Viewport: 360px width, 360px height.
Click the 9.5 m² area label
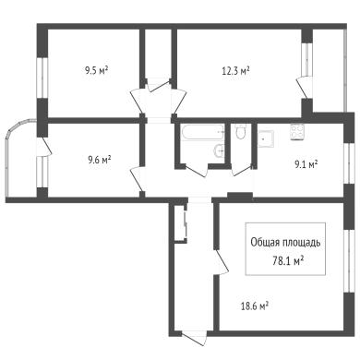(96, 71)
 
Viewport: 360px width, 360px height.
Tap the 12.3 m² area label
(235, 71)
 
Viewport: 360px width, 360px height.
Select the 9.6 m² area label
(100, 160)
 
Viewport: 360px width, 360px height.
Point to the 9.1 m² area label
(306, 165)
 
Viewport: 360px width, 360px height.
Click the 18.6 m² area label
(255, 306)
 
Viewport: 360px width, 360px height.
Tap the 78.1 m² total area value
(289, 261)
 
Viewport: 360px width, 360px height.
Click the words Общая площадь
(285, 243)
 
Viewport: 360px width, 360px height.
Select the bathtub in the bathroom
(202, 133)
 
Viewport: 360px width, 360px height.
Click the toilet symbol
(240, 132)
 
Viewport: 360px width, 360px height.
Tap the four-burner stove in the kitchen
(297, 132)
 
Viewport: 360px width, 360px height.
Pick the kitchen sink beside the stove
(266, 138)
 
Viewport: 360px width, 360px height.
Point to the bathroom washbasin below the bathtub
(219, 150)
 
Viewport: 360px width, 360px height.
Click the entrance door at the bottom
(195, 338)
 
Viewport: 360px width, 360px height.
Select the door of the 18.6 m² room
(222, 262)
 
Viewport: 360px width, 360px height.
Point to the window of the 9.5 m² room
(42, 78)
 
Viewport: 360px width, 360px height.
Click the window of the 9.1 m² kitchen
(349, 163)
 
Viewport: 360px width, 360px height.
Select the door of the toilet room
(243, 171)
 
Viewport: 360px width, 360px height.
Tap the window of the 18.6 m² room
(349, 261)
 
